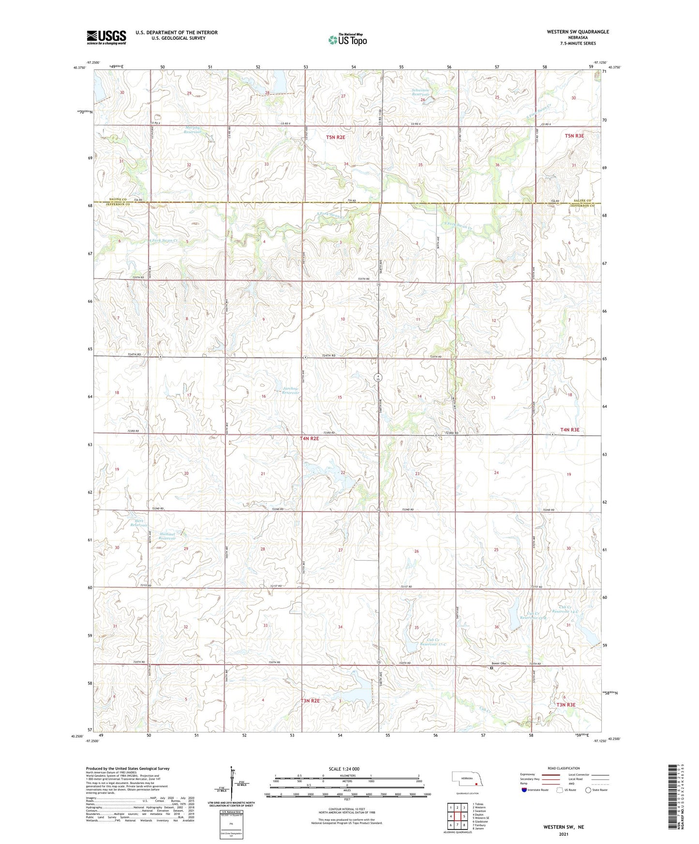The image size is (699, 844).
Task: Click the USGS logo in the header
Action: (x=106, y=37)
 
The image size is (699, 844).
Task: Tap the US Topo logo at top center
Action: (x=347, y=40)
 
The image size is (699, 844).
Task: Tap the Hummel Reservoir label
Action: (x=167, y=536)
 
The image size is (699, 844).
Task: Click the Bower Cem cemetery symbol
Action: (x=491, y=668)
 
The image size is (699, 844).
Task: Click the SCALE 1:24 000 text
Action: (x=343, y=769)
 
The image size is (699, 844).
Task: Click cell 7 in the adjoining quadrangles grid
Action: (x=457, y=825)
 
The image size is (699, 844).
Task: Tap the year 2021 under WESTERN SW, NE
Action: (x=564, y=834)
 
